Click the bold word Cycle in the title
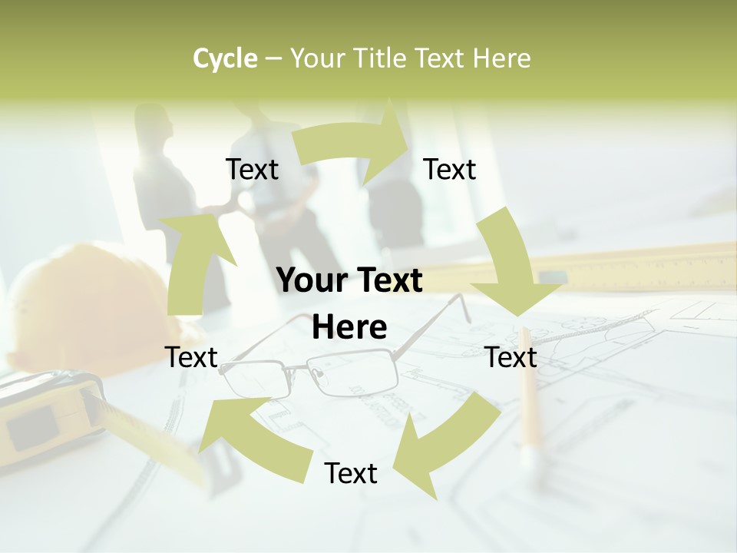(x=225, y=58)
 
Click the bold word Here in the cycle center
(x=349, y=328)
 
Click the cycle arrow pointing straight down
(x=511, y=265)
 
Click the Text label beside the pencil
(x=511, y=357)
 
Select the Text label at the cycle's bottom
(x=351, y=473)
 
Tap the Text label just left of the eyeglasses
(x=192, y=357)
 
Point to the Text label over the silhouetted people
(x=252, y=169)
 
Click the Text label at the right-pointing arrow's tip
(x=450, y=169)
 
